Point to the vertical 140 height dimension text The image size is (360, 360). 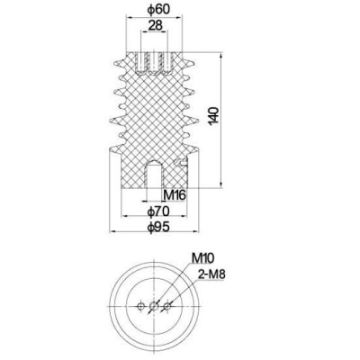213,116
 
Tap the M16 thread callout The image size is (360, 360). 175,193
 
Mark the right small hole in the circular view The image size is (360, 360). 168,306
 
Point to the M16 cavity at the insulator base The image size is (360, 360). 150,172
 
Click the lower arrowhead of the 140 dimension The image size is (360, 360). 220,185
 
